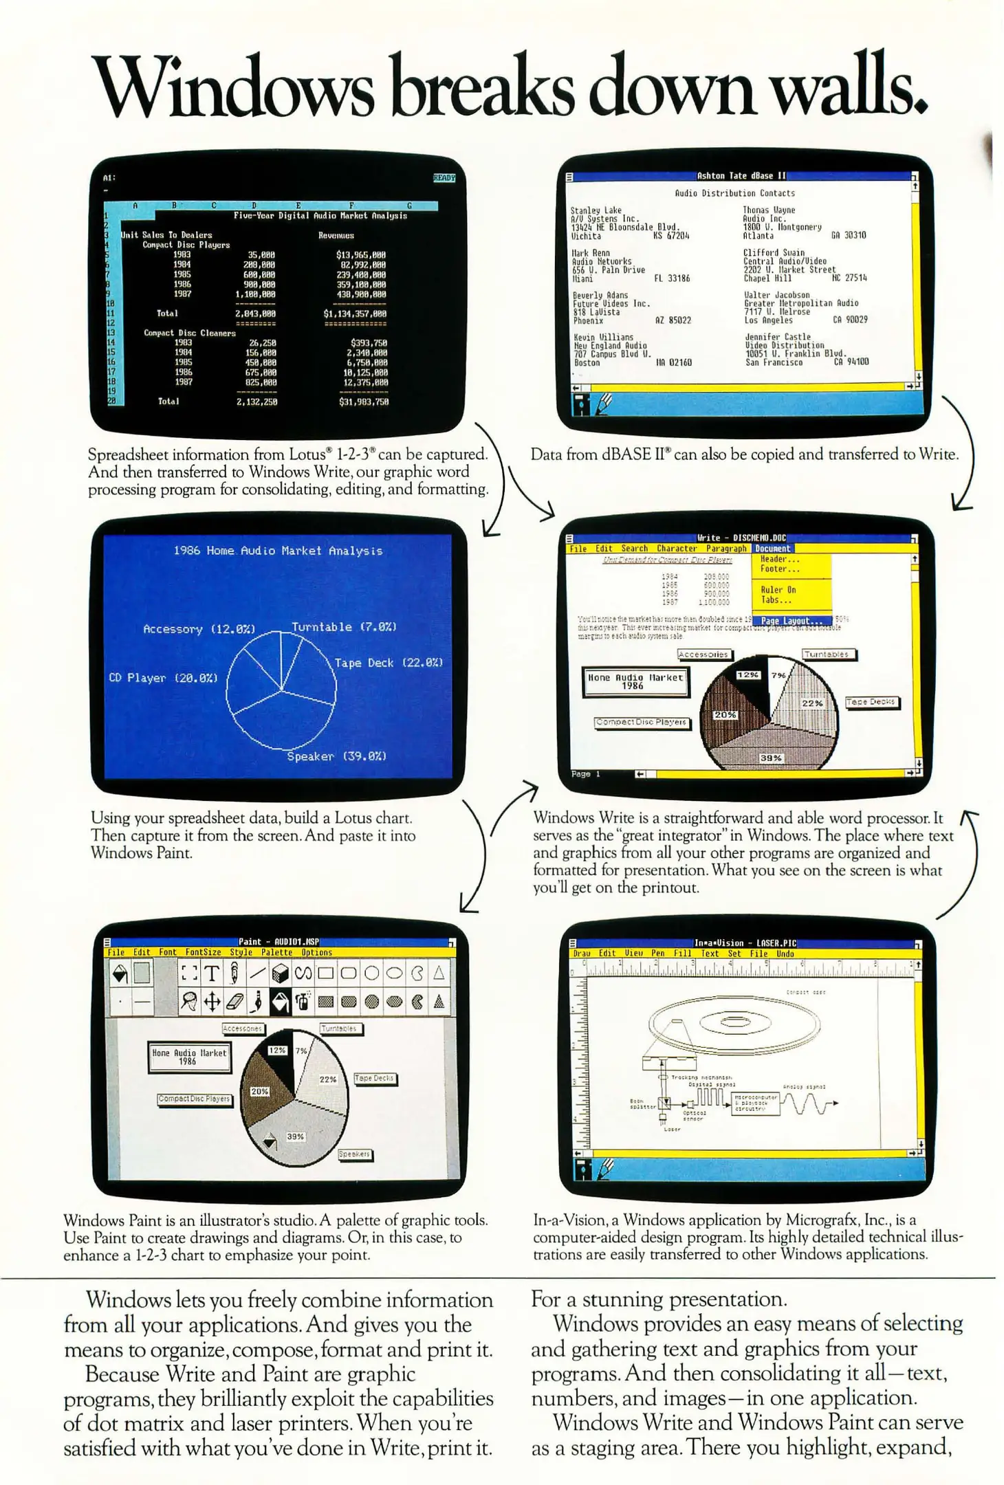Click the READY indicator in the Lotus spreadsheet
click(x=444, y=177)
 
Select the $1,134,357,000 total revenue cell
click(x=355, y=313)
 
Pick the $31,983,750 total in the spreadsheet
click(x=364, y=401)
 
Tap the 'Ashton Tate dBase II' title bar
click(x=741, y=176)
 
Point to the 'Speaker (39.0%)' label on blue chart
click(x=336, y=756)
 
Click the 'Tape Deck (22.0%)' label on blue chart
click(x=389, y=663)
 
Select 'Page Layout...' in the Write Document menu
click(x=791, y=621)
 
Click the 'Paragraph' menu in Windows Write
click(x=725, y=549)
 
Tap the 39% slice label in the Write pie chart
click(x=770, y=758)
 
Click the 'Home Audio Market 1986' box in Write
click(x=635, y=681)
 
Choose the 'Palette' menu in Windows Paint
click(x=276, y=952)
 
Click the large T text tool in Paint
click(x=212, y=973)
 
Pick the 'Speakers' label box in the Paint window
click(x=354, y=1154)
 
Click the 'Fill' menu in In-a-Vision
click(x=682, y=954)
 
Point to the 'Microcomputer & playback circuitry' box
click(x=755, y=1103)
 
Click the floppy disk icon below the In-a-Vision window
click(x=582, y=1169)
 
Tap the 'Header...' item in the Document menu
click(x=779, y=559)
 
